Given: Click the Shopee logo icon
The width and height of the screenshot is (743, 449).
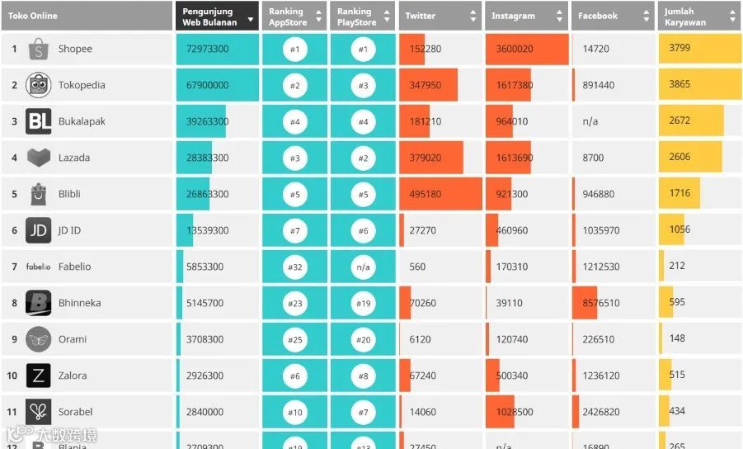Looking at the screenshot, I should point(39,50).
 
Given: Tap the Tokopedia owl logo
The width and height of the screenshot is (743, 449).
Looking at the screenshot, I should point(39,85).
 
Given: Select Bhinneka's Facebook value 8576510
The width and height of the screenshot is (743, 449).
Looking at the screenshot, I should point(601,304).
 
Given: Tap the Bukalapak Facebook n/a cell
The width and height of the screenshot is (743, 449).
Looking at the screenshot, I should point(590,121).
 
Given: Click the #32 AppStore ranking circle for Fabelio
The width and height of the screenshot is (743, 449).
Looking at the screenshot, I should point(295,267).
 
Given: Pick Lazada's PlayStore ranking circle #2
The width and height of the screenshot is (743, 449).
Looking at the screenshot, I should point(364,158).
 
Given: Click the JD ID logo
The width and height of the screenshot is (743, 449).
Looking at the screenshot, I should point(39,230).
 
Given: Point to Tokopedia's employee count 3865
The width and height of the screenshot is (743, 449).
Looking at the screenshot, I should point(680,84).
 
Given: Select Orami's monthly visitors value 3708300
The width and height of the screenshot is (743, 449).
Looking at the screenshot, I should point(205,339).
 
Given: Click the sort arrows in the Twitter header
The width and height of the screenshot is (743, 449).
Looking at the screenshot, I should point(473,16).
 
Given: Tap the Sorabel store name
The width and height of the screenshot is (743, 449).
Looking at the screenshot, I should point(75,412).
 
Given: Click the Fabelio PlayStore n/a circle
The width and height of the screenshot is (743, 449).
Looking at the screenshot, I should point(364,267).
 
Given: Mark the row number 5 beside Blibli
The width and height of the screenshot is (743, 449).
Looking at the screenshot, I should point(14,194).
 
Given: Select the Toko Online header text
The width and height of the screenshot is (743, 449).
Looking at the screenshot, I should point(33,16).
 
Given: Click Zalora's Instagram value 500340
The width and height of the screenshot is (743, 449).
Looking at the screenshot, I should point(512,376).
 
